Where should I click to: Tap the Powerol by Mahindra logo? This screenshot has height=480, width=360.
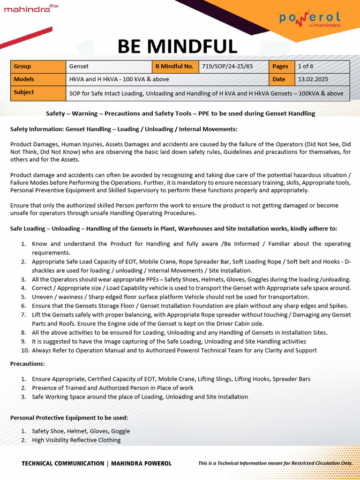[310, 19]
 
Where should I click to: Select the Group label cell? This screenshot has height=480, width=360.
[38, 67]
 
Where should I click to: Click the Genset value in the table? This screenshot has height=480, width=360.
[79, 67]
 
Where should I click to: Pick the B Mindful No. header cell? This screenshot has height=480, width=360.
[174, 67]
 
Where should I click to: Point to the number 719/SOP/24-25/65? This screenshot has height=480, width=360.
[227, 67]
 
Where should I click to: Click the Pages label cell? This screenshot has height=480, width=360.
[281, 67]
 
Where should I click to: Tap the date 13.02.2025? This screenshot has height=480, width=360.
[312, 79]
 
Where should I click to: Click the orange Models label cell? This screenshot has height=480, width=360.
[38, 79]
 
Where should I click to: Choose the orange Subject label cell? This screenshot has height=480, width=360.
[38, 93]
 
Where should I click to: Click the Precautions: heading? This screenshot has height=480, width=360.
[27, 364]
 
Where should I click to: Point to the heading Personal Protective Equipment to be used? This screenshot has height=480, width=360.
[69, 417]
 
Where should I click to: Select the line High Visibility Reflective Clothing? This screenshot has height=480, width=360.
[76, 440]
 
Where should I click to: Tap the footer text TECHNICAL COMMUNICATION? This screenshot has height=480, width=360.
[63, 463]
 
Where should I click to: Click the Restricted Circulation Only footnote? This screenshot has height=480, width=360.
[275, 463]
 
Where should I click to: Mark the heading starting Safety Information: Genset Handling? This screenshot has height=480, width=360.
[124, 128]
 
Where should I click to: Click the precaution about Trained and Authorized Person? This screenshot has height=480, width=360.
[112, 388]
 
